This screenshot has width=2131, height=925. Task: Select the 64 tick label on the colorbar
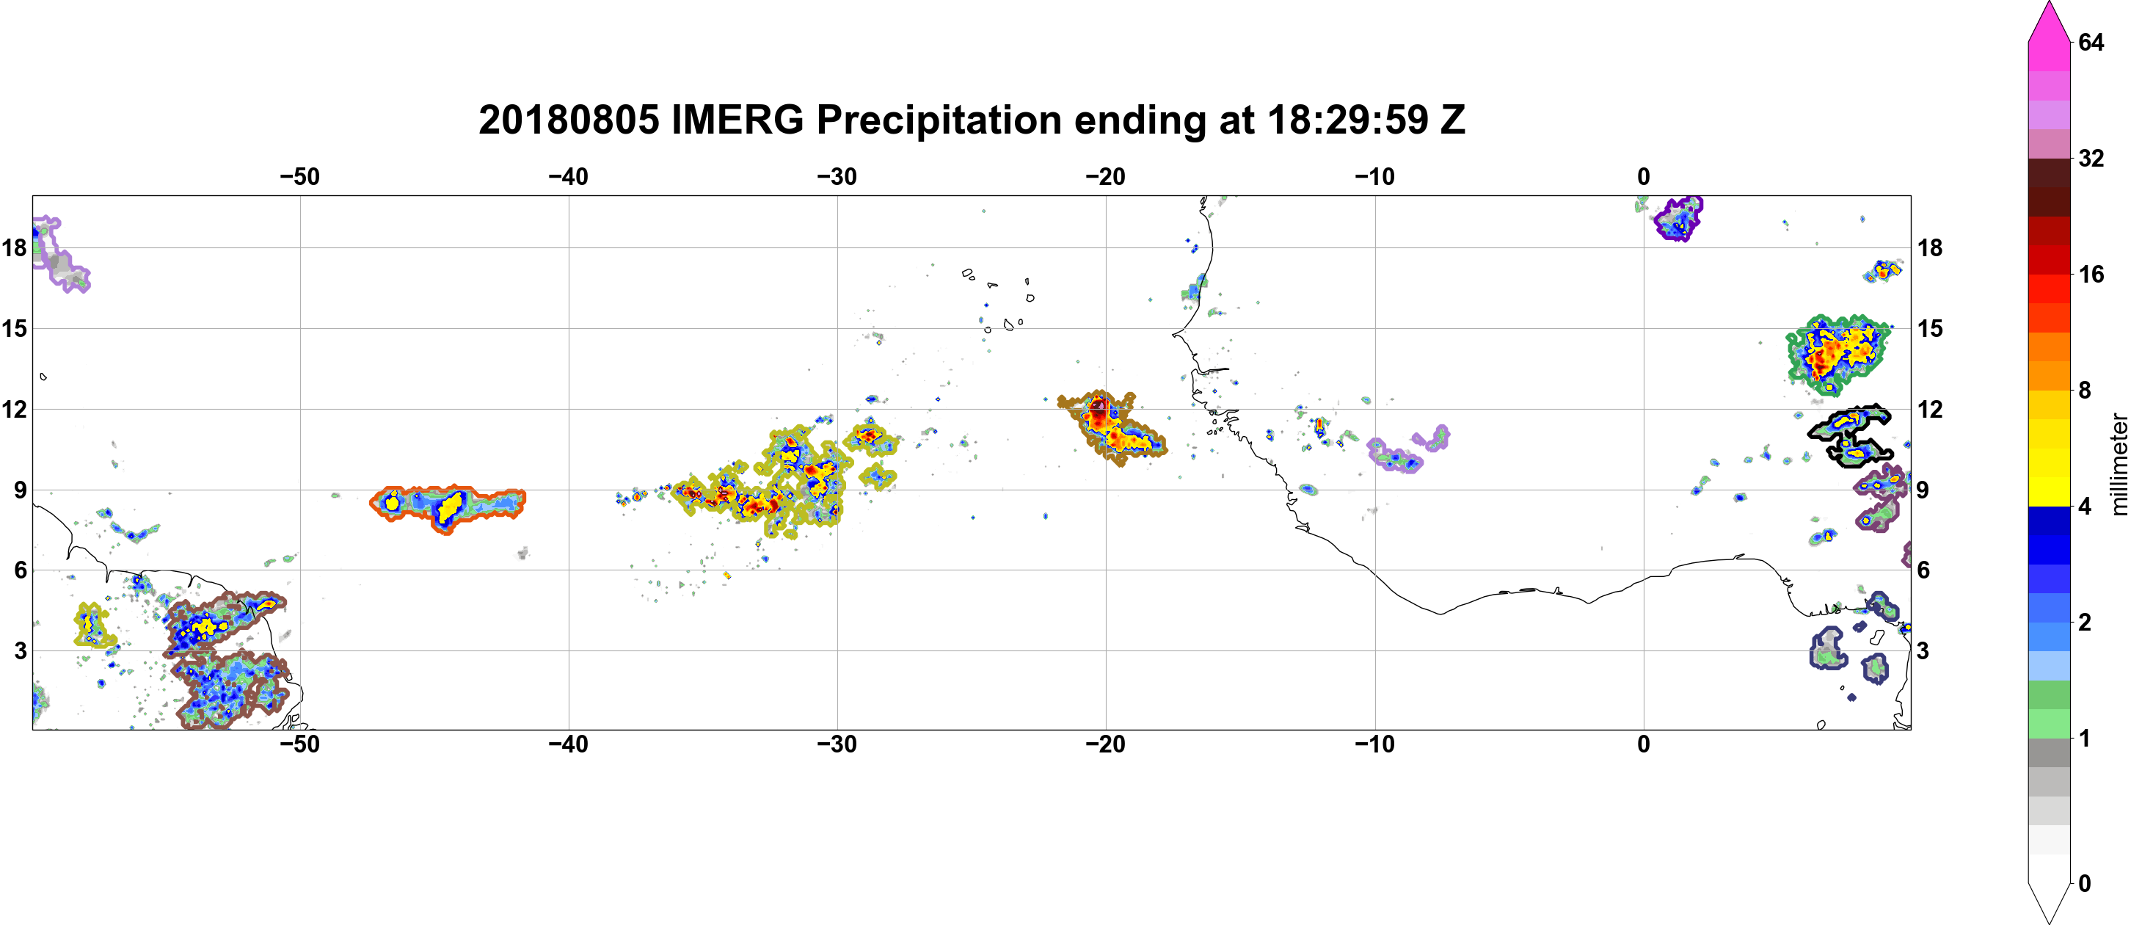click(2091, 42)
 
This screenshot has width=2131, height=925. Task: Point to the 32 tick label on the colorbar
click(2091, 158)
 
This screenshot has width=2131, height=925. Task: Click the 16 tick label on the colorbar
click(2091, 274)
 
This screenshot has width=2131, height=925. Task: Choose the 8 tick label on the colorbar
click(2085, 390)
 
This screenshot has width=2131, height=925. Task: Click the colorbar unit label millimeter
click(2118, 464)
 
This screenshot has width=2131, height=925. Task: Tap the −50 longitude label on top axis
click(299, 176)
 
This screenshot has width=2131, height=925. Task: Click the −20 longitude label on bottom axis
click(1106, 744)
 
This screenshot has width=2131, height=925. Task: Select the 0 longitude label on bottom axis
click(1644, 744)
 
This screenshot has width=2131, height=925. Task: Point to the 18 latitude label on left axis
click(14, 247)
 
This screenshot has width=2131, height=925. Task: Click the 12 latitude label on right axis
click(1930, 409)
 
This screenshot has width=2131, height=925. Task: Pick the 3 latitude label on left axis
click(21, 650)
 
